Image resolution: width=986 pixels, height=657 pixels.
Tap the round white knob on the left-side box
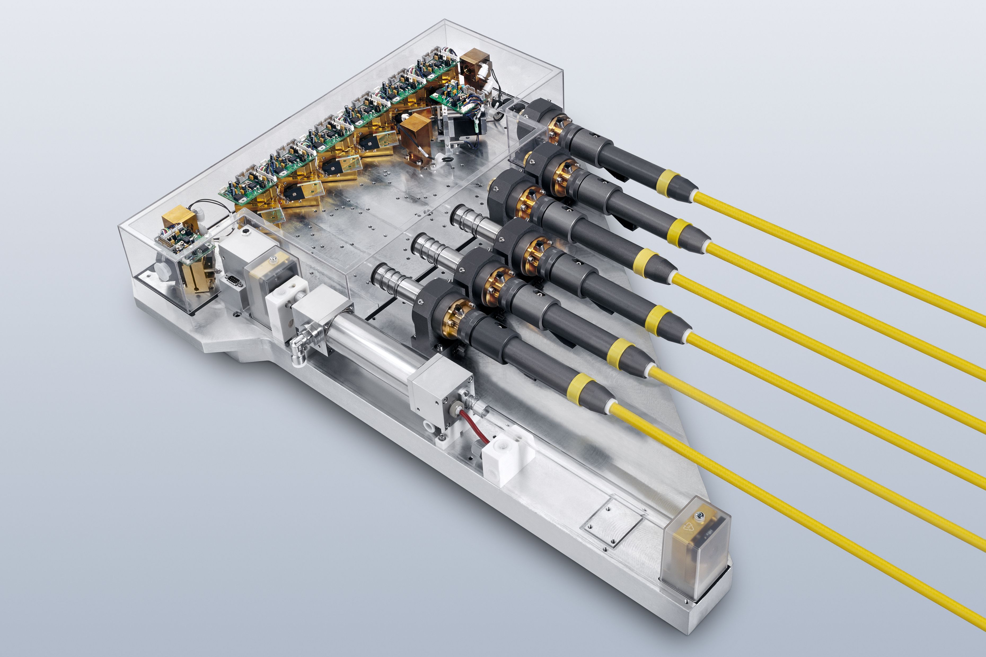[x=162, y=268]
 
